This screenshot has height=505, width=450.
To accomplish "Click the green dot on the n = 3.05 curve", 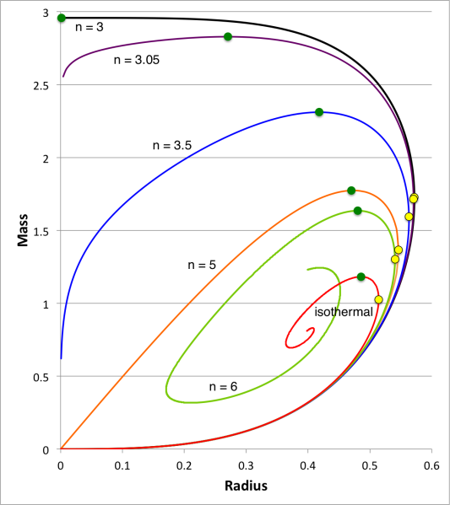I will point(228,36).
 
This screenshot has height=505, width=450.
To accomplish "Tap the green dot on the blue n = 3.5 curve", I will point(319,112).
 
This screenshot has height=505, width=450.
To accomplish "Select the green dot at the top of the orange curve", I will point(351,191).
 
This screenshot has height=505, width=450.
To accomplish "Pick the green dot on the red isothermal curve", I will point(361,277).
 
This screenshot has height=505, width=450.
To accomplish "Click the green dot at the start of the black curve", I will point(61,18).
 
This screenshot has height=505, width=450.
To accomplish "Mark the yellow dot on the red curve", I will point(378,299).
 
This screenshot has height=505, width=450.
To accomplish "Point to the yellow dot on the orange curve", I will point(398,250).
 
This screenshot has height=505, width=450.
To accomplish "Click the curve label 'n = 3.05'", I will point(137,61).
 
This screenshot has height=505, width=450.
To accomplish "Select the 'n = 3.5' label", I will point(172,145).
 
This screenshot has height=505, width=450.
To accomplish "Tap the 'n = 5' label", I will point(202,265).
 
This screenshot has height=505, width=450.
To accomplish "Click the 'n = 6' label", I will point(224,386).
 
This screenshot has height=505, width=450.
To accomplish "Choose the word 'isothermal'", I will point(344,312).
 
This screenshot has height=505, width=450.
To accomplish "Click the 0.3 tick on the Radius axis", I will point(246,465).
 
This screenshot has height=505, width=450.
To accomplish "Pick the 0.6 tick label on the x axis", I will point(431,465).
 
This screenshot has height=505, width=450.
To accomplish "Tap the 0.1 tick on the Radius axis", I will point(122,465).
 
